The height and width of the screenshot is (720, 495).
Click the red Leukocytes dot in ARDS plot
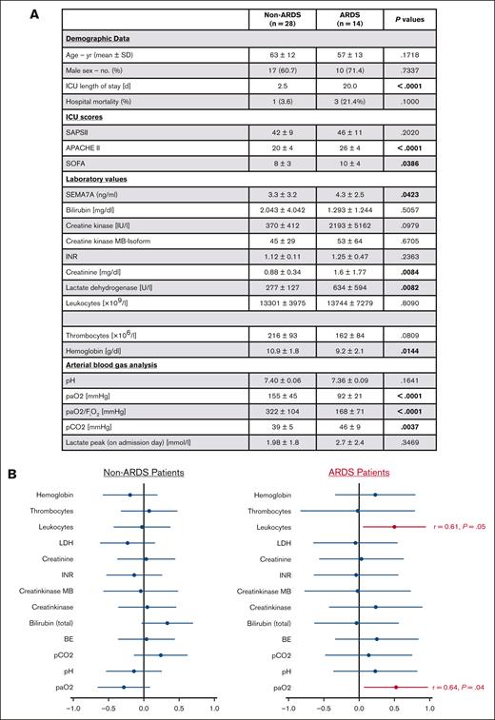click(394, 526)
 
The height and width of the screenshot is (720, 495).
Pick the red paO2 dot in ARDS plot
click(396, 686)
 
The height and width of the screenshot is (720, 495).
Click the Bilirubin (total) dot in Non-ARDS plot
click(168, 623)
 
